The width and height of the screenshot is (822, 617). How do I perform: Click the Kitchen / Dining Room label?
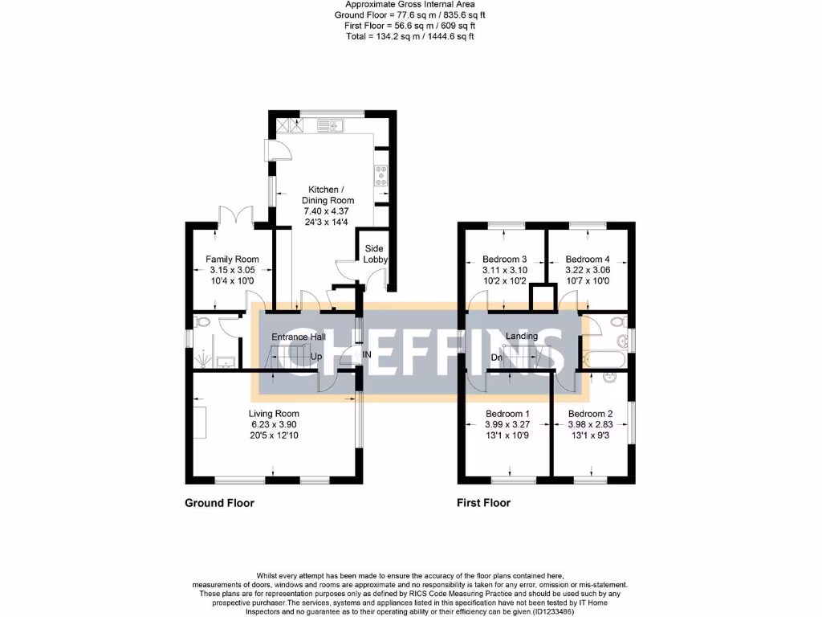click(x=328, y=194)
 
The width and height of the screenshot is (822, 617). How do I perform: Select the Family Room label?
click(x=232, y=259)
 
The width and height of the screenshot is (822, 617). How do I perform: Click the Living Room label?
click(x=275, y=414)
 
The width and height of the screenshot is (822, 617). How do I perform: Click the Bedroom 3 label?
click(x=504, y=259)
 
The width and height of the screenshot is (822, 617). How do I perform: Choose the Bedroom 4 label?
click(x=588, y=259)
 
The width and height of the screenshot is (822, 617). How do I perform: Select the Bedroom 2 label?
click(x=590, y=414)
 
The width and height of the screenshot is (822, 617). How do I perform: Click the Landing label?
click(x=522, y=336)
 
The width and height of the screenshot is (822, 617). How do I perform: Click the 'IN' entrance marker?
click(x=367, y=354)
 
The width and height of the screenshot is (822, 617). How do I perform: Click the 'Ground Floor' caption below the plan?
click(x=219, y=503)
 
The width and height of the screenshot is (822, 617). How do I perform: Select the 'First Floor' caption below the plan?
click(x=483, y=503)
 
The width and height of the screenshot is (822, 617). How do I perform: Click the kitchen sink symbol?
click(x=330, y=125)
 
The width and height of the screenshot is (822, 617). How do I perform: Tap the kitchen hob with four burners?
click(x=380, y=175)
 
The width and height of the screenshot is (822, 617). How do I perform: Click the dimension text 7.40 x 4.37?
click(x=328, y=210)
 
